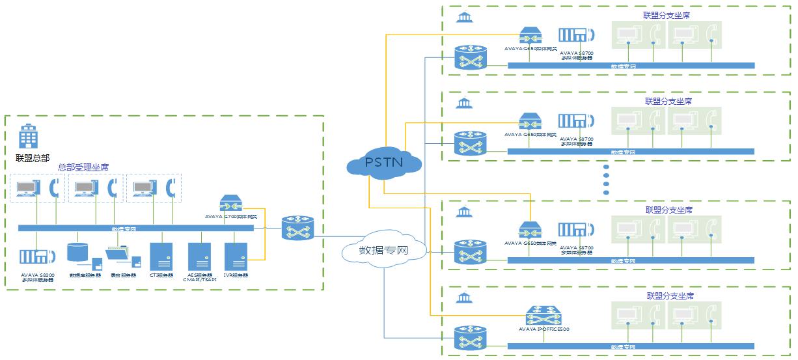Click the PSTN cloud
pyautogui.click(x=385, y=161)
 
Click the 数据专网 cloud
pyautogui.click(x=384, y=250)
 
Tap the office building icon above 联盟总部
pyautogui.click(x=27, y=137)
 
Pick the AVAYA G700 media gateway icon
pyautogui.click(x=231, y=203)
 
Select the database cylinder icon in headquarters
pyautogui.click(x=77, y=253)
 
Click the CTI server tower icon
pyautogui.click(x=159, y=256)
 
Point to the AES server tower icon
pyautogui.click(x=198, y=256)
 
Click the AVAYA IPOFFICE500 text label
pyautogui.click(x=544, y=329)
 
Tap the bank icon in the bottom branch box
pyautogui.click(x=464, y=298)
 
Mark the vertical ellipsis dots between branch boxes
pyautogui.click(x=605, y=179)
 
